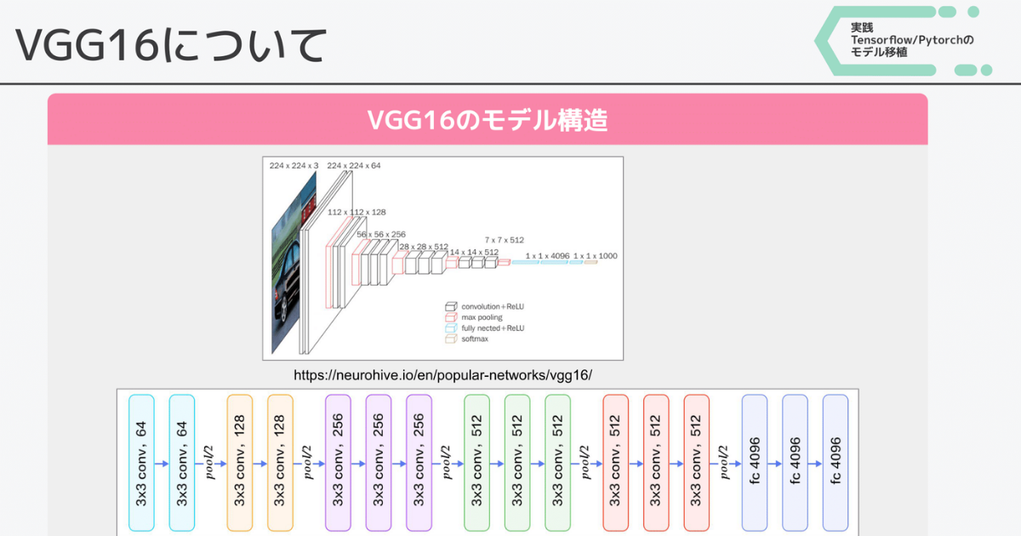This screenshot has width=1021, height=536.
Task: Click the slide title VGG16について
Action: click(170, 44)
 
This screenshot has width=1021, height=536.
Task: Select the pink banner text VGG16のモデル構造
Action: click(487, 120)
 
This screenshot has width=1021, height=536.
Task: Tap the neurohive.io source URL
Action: click(442, 375)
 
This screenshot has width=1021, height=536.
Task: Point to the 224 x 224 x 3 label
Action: click(294, 165)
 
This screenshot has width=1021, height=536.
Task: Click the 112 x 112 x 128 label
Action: click(356, 213)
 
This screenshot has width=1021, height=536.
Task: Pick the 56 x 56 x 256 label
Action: click(380, 234)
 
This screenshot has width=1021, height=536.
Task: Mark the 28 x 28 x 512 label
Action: click(424, 247)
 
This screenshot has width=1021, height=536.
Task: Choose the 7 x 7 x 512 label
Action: click(505, 240)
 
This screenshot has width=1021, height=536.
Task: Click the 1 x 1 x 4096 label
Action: click(547, 255)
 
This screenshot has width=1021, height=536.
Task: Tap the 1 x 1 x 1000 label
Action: click(596, 255)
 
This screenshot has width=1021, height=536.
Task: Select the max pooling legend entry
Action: click(482, 317)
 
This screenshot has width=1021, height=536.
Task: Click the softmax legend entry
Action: click(476, 339)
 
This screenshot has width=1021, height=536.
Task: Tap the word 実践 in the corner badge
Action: click(862, 27)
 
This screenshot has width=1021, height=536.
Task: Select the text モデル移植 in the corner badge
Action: click(879, 52)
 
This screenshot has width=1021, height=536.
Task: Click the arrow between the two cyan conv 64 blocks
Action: click(162, 464)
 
